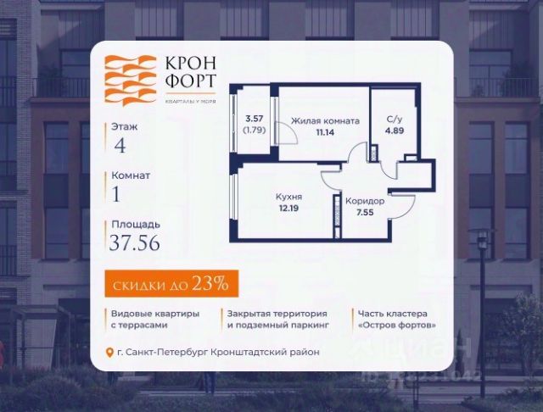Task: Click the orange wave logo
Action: [132, 80]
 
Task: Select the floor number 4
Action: [120, 143]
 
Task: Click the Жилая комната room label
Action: [325, 121]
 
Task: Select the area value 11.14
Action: [325, 132]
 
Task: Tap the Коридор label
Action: [365, 201]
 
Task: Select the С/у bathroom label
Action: [395, 120]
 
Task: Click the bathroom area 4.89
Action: [395, 131]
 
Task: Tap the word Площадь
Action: [134, 225]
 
